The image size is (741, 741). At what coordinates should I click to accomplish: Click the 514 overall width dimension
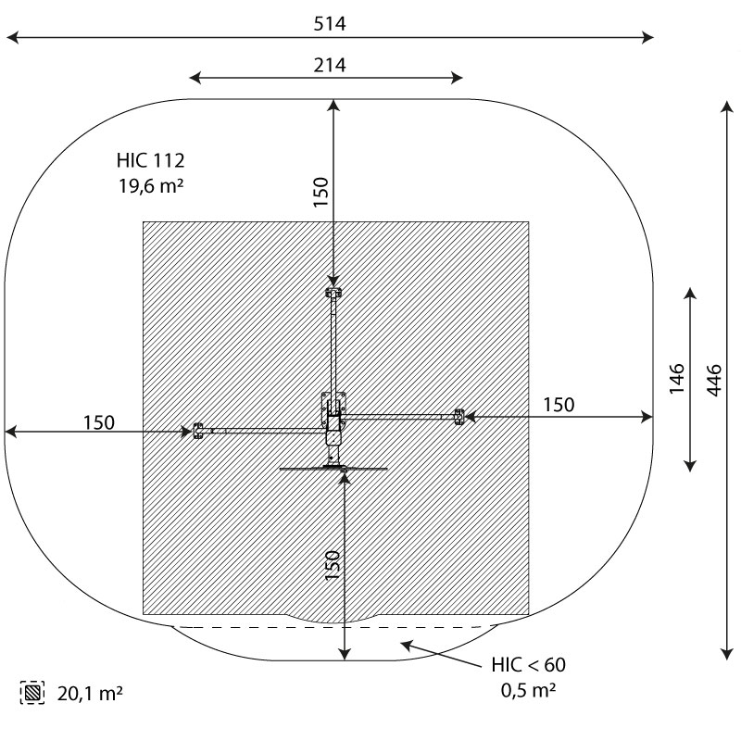330,24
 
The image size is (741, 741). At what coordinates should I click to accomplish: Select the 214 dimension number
330,65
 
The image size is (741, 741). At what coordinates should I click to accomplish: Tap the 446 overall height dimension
714,380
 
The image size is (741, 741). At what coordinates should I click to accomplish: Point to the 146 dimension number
677,378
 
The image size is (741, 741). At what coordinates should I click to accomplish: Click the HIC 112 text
150,160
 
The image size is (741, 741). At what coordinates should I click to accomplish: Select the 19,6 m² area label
151,186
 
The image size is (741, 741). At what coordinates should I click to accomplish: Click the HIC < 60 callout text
528,665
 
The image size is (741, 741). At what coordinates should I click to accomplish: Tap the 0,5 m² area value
528,690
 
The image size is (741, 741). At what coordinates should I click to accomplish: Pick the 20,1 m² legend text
90,693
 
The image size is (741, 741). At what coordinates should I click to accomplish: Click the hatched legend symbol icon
32,693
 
